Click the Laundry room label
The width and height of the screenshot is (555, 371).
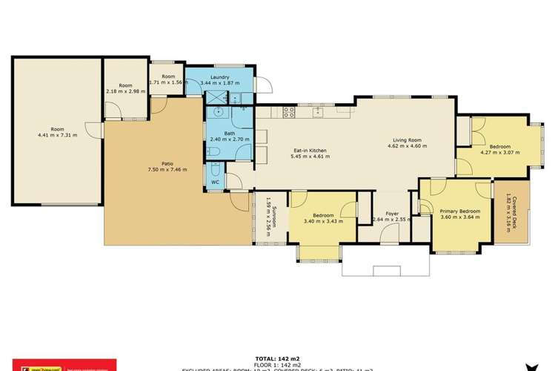click(x=219, y=76)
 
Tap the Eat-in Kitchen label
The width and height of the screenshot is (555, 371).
click(x=308, y=151)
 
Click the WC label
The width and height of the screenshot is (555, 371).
click(x=215, y=182)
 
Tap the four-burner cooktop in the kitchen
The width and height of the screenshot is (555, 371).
click(x=288, y=113)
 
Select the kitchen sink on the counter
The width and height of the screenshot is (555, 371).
click(x=316, y=113)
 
